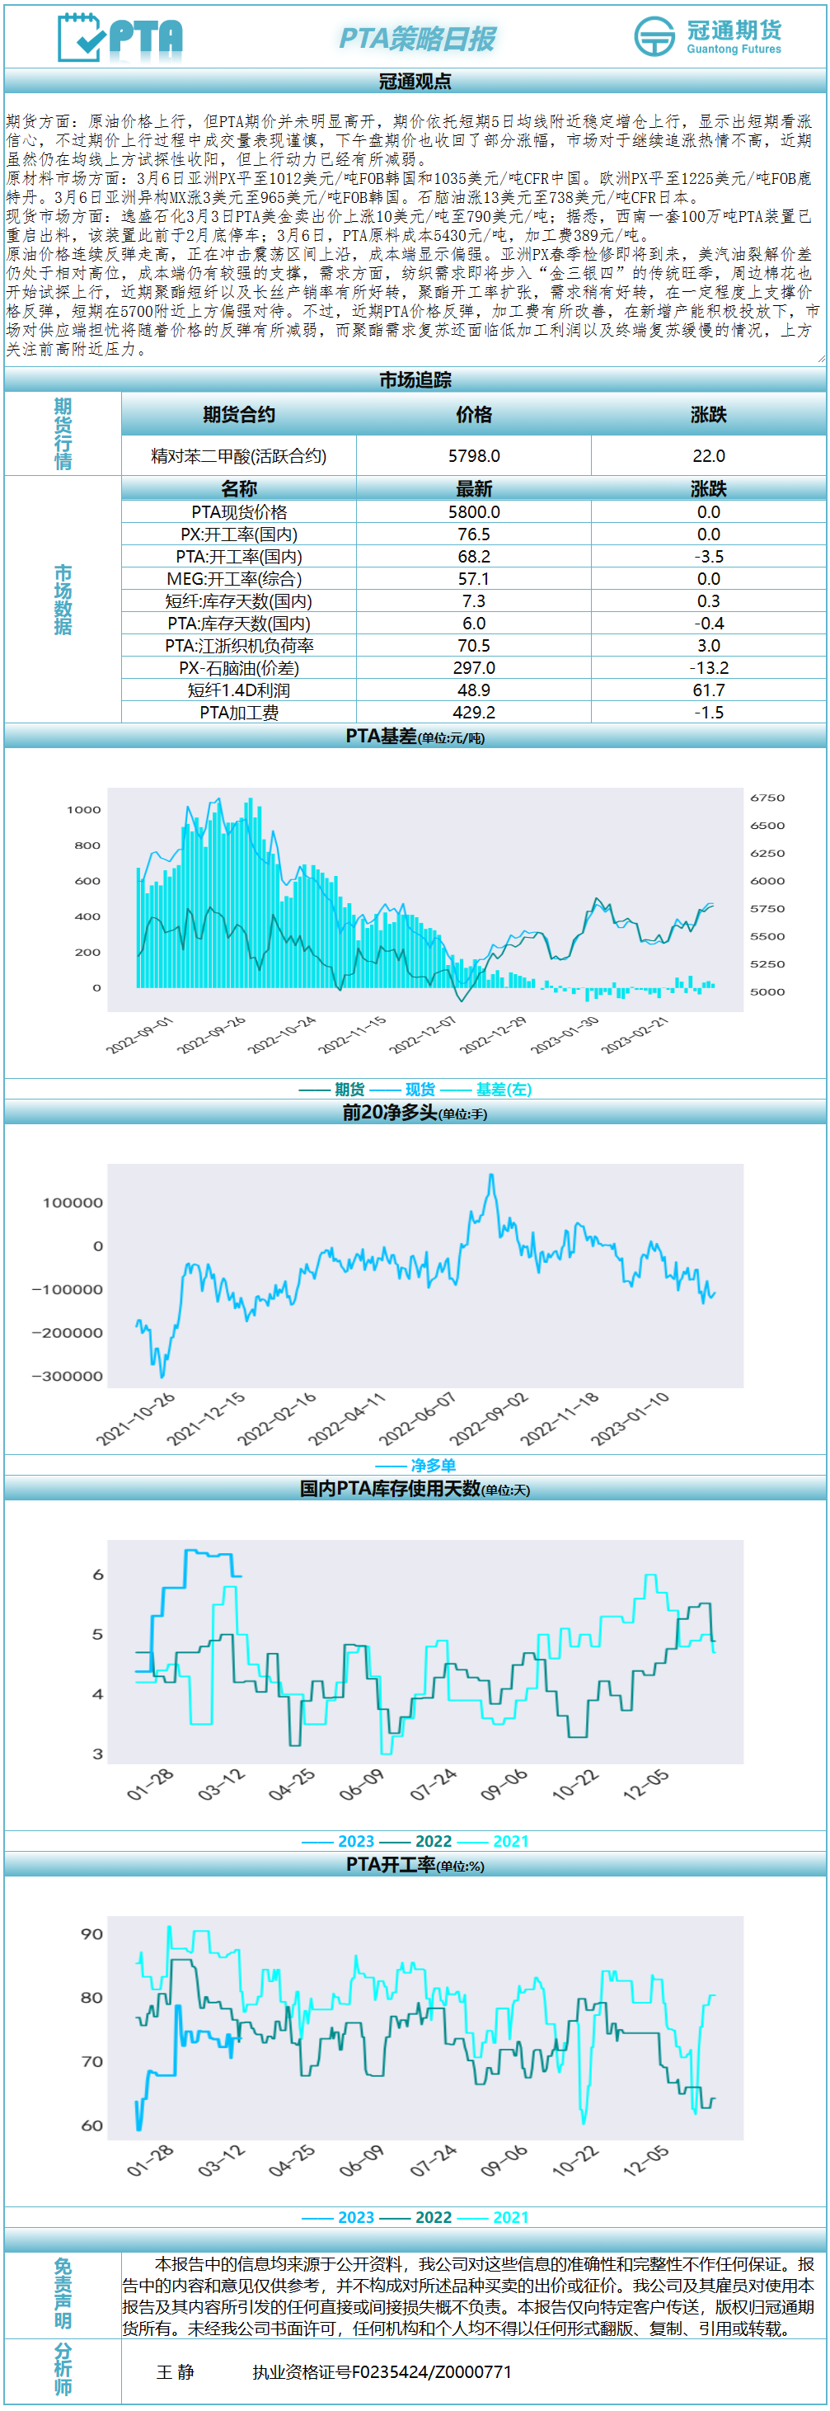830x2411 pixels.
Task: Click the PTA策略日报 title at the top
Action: [416, 39]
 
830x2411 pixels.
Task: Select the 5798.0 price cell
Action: [473, 456]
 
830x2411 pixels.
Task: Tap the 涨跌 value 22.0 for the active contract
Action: [708, 456]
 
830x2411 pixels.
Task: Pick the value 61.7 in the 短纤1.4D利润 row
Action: [708, 690]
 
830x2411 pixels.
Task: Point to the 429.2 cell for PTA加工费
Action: [473, 713]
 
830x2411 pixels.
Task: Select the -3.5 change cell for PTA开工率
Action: [708, 556]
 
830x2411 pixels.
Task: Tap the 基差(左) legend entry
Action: [504, 1090]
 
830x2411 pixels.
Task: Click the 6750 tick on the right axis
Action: [767, 798]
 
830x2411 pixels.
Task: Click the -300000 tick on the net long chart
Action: [68, 1376]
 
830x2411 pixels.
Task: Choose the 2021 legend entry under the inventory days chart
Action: [510, 1841]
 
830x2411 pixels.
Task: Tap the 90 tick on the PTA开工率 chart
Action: [91, 1934]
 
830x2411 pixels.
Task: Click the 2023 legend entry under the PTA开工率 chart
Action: [355, 2217]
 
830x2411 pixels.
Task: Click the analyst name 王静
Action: [175, 2371]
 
